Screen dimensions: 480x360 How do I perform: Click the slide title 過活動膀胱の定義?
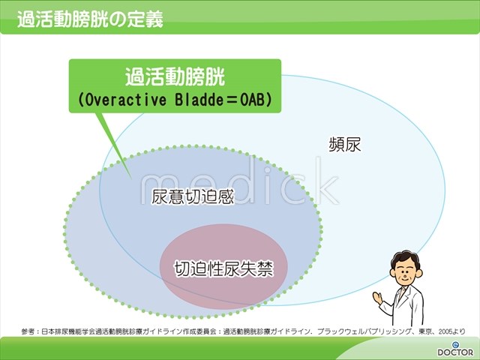tap(90, 19)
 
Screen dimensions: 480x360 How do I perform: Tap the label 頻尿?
tap(345, 144)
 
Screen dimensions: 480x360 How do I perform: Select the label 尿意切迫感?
tap(193, 196)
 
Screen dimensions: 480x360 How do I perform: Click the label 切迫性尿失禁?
tap(223, 268)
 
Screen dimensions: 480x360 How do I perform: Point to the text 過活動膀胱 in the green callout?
tap(175, 76)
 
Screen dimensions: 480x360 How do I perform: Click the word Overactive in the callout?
tap(125, 100)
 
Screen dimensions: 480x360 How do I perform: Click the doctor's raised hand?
tap(377, 297)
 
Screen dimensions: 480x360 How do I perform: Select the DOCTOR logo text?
tap(455, 352)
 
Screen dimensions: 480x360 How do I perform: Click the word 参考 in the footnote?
tap(27, 331)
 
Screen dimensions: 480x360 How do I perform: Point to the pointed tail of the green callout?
tap(131, 178)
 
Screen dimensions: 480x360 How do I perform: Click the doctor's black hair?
tap(404, 258)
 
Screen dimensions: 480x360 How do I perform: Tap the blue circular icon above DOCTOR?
tap(455, 344)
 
